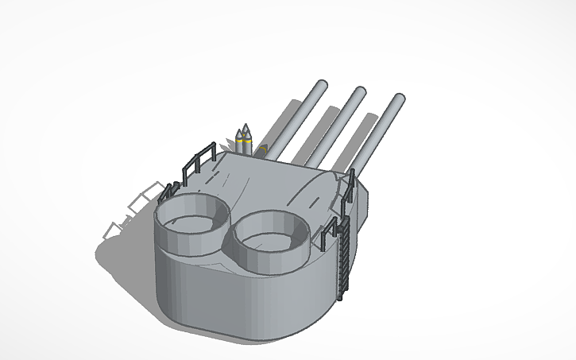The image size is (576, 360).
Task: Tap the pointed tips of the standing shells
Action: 244,128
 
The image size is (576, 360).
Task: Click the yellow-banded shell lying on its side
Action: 262,149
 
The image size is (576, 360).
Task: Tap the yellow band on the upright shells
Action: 244,141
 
